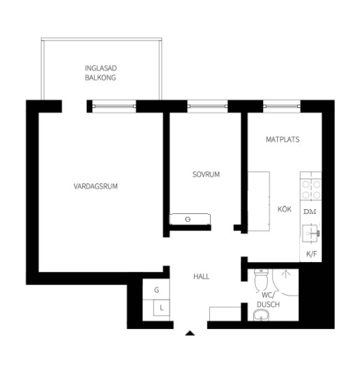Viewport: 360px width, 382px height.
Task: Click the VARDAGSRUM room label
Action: tap(96, 186)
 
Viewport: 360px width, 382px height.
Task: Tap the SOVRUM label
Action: tap(206, 174)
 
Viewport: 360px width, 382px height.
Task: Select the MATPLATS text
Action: tap(283, 139)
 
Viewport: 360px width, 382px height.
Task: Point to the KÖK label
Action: tap(285, 209)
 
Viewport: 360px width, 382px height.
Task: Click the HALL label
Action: tap(201, 277)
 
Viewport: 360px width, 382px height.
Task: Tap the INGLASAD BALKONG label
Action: tap(100, 72)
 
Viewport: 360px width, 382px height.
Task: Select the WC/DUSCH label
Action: tap(269, 300)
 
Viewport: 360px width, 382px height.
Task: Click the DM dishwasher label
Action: tap(310, 212)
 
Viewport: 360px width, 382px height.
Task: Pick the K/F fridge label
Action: tap(311, 254)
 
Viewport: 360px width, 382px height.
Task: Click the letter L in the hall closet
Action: tap(161, 308)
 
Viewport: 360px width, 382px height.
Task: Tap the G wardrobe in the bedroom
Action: tap(190, 220)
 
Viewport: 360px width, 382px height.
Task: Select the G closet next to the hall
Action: tap(156, 290)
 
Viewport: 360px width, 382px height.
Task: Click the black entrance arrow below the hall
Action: tap(190, 333)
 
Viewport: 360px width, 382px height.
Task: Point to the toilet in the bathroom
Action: tap(261, 280)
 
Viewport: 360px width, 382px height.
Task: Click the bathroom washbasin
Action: tap(261, 316)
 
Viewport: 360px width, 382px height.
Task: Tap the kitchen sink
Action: tap(310, 234)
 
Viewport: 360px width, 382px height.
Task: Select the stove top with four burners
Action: tap(310, 189)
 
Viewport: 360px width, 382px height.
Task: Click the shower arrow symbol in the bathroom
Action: tap(286, 273)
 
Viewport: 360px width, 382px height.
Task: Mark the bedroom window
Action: tap(207, 107)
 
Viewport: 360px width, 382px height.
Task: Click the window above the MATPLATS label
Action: tap(282, 107)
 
